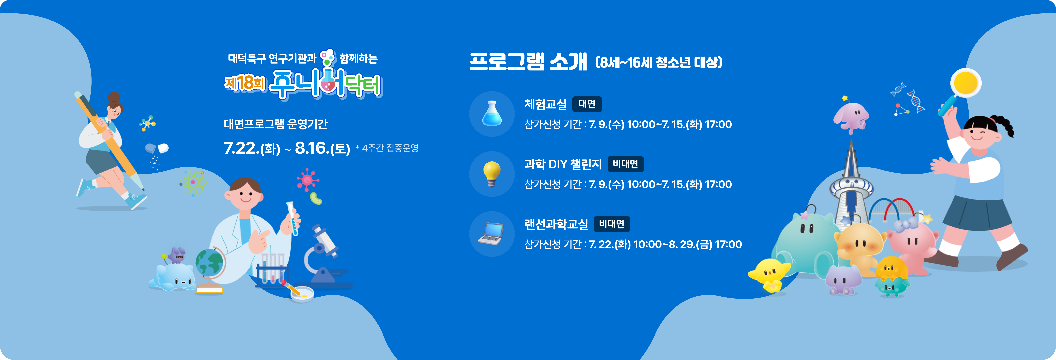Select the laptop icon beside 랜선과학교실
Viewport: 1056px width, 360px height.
click(x=491, y=234)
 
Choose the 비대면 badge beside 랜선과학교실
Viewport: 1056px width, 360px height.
click(x=612, y=224)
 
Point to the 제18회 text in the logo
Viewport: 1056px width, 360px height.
click(x=245, y=83)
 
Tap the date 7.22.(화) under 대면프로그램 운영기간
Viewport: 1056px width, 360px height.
click(x=252, y=148)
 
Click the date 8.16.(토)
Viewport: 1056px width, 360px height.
click(x=322, y=148)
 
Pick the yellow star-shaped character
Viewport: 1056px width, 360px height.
click(x=769, y=274)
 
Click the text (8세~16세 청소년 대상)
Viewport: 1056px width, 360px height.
click(x=658, y=62)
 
